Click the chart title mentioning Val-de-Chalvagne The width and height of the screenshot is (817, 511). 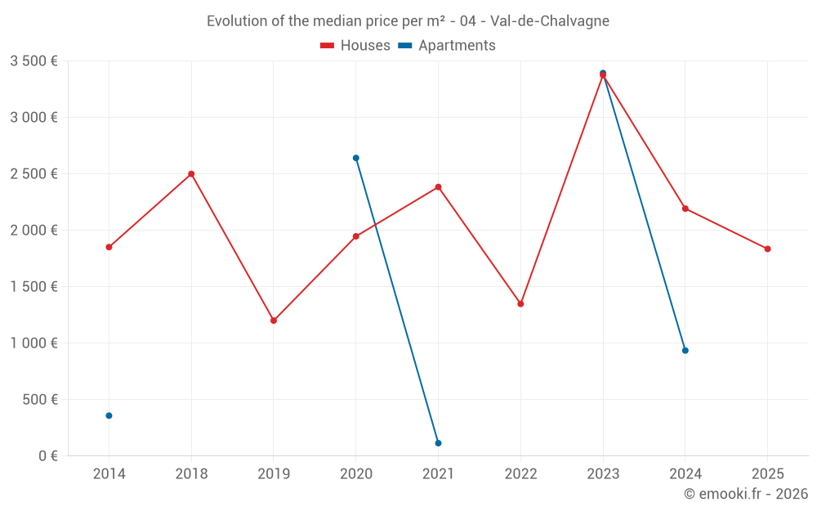click(408, 21)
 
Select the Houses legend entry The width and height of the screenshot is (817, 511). click(355, 46)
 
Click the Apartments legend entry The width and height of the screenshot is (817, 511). click(448, 46)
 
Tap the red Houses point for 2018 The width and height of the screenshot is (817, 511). click(191, 174)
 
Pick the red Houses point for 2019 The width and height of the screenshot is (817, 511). click(274, 320)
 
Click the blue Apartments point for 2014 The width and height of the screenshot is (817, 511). click(109, 415)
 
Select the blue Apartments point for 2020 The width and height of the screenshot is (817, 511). click(355, 158)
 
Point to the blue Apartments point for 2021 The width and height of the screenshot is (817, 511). click(438, 443)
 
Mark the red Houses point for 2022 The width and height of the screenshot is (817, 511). click(520, 304)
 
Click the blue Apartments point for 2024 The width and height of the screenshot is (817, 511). click(685, 351)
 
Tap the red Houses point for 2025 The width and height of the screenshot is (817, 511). click(767, 249)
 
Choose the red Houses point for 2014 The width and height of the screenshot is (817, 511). click(109, 247)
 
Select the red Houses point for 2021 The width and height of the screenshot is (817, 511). click(438, 187)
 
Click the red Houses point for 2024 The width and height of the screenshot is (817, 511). click(685, 208)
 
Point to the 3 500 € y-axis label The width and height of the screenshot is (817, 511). click(33, 61)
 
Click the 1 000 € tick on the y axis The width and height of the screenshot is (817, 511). click(33, 343)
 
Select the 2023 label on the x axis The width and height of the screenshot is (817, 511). click(603, 474)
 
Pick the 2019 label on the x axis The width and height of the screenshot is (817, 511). click(274, 474)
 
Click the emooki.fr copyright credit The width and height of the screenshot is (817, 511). click(745, 494)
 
